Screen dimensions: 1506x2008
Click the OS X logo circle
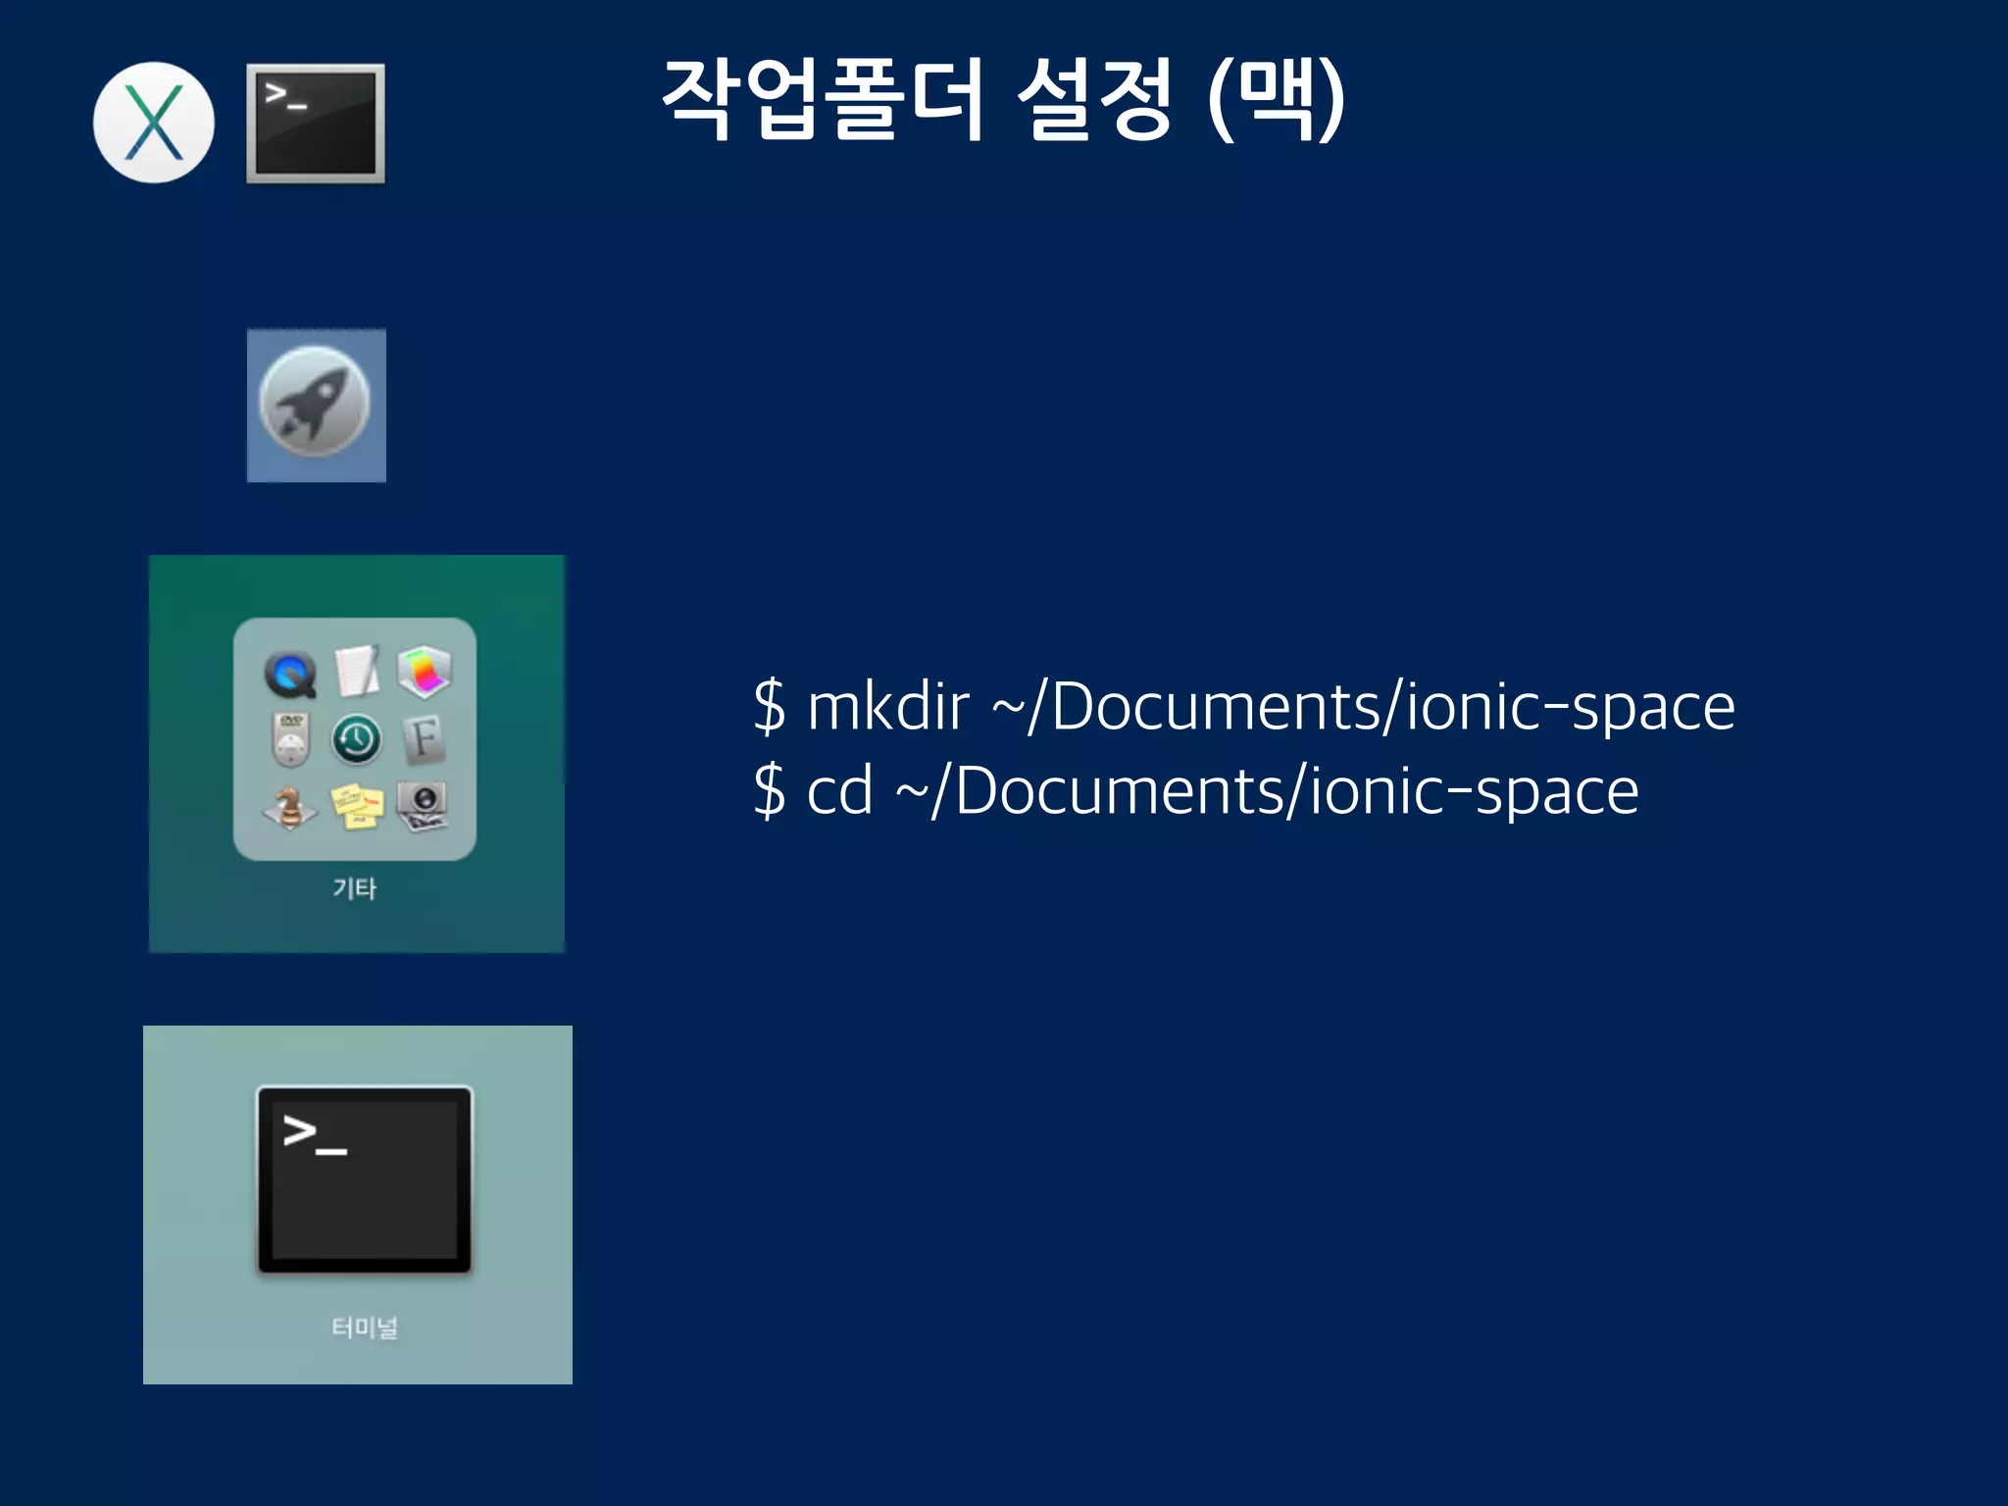pos(154,123)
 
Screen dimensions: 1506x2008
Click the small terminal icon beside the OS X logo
pos(315,124)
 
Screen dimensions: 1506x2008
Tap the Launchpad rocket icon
pos(315,403)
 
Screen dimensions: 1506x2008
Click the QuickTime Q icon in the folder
pos(290,674)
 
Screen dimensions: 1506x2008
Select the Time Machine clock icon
pos(357,738)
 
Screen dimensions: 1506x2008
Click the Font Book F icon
pos(424,738)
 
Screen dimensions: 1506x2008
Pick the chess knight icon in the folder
pos(289,806)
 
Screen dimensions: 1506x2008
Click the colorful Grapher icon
pos(424,672)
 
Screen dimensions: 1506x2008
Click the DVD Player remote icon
pos(290,738)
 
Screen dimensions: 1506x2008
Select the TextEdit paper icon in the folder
pos(357,672)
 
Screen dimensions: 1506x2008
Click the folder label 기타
pos(354,888)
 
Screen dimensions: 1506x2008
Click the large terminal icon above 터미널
pos(364,1180)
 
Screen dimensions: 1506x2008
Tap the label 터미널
pos(364,1328)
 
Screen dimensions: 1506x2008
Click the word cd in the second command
pos(839,790)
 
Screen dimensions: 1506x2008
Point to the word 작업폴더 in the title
pos(822,98)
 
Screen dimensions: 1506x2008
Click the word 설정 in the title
pos(1094,98)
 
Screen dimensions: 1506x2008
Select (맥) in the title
pos(1276,98)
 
